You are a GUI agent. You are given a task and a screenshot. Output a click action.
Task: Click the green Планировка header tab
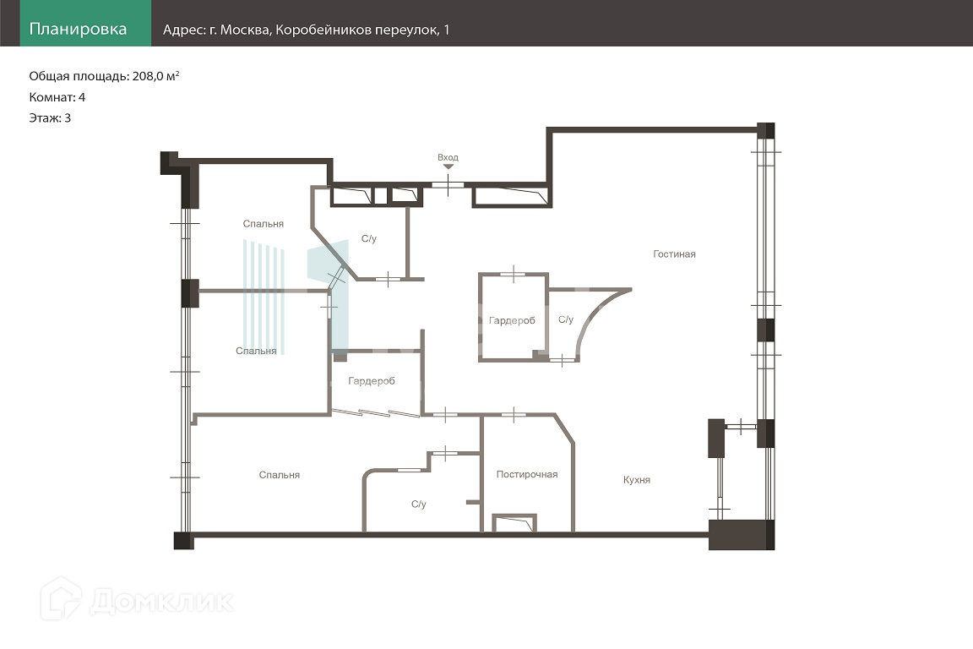tap(85, 23)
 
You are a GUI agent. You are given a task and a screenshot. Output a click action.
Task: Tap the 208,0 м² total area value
tap(155, 76)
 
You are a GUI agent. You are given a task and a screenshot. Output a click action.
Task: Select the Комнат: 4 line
tap(57, 97)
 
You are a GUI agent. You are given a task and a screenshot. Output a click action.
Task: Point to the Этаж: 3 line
tap(50, 118)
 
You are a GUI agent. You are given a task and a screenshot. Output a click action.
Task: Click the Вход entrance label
tap(448, 158)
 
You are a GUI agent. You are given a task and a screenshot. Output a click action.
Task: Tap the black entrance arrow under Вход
tap(448, 166)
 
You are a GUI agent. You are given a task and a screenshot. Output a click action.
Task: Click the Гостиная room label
tap(675, 254)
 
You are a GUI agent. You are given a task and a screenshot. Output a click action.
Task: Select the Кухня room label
tap(637, 480)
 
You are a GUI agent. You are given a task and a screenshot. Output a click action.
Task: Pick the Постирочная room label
tap(527, 474)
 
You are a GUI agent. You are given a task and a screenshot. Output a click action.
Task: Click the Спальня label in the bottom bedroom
tap(280, 475)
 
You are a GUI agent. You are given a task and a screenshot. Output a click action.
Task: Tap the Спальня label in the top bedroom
tap(264, 224)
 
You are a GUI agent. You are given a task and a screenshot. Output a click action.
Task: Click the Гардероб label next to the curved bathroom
tap(512, 321)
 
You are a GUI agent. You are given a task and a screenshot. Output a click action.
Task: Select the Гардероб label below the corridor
tap(371, 381)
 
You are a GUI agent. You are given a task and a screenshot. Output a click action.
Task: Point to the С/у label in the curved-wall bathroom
tap(566, 319)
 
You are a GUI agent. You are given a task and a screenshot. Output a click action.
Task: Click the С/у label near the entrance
tap(368, 238)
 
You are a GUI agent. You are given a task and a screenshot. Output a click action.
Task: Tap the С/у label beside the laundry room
tap(419, 504)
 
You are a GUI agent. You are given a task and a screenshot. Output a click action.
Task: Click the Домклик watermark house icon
tap(61, 598)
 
